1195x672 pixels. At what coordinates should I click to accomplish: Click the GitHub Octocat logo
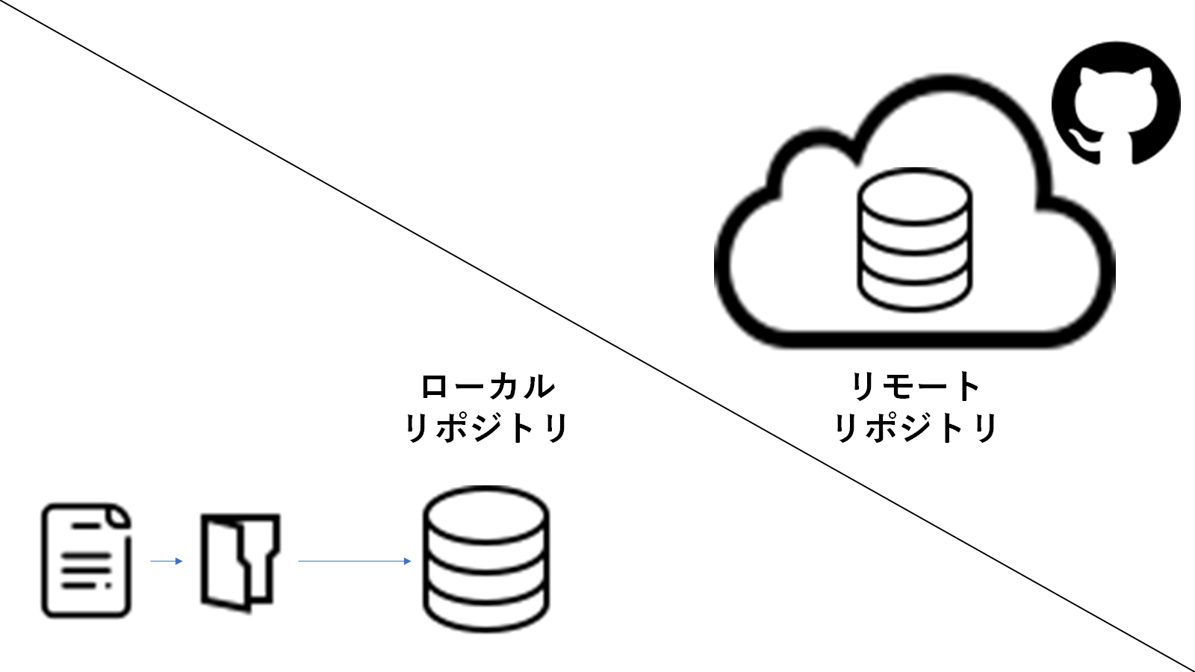click(1116, 104)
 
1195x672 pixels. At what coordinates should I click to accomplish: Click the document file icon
click(86, 561)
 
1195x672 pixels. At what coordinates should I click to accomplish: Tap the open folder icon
click(240, 562)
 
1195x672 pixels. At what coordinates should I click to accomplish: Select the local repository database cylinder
click(486, 560)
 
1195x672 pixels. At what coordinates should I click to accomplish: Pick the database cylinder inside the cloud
click(916, 239)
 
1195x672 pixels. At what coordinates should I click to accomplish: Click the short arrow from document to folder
click(167, 561)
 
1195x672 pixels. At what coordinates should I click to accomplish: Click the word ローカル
click(487, 387)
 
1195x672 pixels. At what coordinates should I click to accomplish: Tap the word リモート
click(916, 387)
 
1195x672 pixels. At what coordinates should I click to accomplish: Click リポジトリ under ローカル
click(487, 429)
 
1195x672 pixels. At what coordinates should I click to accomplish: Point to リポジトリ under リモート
click(916, 429)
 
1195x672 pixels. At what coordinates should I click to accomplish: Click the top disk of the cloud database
click(916, 191)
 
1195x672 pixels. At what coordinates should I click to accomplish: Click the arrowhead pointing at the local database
click(408, 561)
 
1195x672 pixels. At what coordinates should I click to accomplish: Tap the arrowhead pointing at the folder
click(179, 561)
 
